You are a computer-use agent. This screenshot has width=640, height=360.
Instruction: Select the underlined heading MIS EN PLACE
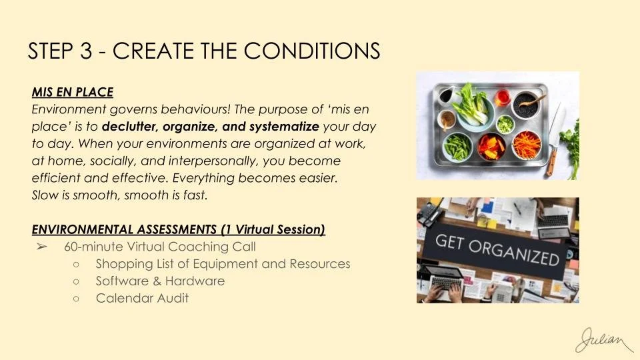tap(72, 91)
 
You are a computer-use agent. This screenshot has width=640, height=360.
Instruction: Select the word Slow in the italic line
tap(45, 195)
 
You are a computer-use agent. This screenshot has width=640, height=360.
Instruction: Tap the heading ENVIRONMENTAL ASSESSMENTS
tap(125, 230)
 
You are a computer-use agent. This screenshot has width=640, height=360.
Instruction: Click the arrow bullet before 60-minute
tap(41, 247)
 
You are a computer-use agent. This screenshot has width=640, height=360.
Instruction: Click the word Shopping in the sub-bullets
tap(123, 264)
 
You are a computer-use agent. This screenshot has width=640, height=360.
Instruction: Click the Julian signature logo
tap(603, 339)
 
